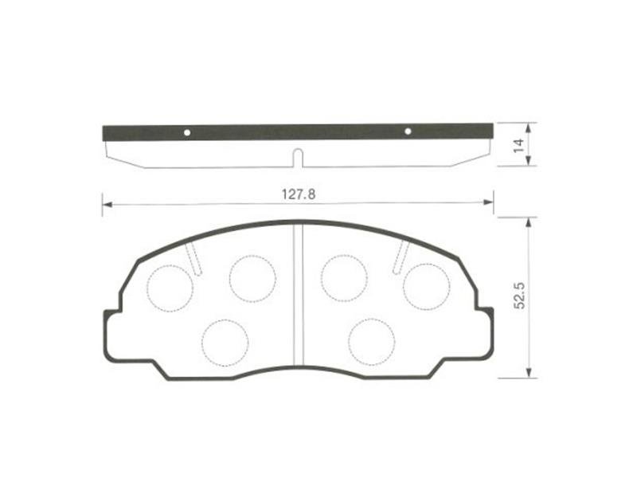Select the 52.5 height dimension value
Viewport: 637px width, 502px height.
(x=518, y=296)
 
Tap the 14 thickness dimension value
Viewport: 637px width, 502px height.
(x=518, y=145)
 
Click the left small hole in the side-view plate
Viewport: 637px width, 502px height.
(x=187, y=132)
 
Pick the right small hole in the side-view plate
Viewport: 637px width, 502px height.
(x=408, y=131)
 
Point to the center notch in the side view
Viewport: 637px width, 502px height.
(x=297, y=158)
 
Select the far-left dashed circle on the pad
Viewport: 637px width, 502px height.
(x=170, y=288)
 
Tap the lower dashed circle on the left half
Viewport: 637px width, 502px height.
(x=225, y=342)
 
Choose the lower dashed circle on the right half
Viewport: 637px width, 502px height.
(x=371, y=340)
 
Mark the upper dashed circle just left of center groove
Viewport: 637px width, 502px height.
(x=252, y=278)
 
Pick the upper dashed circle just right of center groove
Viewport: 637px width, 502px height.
(x=344, y=278)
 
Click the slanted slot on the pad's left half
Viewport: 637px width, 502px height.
(x=193, y=259)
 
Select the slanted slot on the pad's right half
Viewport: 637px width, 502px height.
(x=402, y=257)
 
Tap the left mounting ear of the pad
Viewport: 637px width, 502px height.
(x=113, y=335)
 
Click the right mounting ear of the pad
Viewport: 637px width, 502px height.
(x=483, y=335)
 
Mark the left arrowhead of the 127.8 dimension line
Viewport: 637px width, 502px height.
(x=105, y=205)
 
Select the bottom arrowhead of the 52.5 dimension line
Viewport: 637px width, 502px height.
(x=529, y=374)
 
